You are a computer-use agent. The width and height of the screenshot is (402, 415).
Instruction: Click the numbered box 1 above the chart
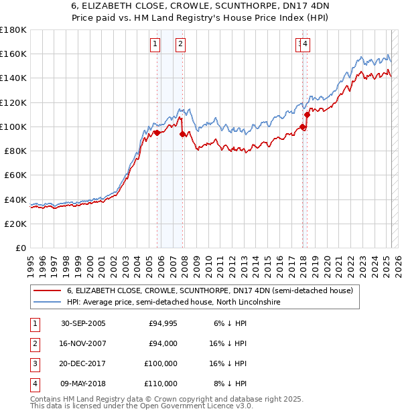click(x=155, y=45)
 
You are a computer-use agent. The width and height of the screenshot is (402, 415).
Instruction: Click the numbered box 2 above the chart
click(x=181, y=45)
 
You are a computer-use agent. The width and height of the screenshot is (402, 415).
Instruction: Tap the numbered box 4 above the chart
click(x=305, y=45)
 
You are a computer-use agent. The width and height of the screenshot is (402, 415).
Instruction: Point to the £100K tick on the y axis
click(x=13, y=127)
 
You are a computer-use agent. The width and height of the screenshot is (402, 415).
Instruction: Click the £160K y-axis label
click(x=13, y=54)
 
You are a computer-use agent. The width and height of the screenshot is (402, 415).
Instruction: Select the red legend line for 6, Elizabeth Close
click(x=47, y=290)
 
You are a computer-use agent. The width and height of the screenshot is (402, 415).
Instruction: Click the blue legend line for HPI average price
click(x=47, y=302)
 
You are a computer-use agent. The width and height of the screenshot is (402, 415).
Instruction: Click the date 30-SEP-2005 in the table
click(x=83, y=323)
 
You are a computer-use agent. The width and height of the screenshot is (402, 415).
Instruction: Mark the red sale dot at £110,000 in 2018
click(x=307, y=114)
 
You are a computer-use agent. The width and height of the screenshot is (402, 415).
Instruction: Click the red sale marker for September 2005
click(x=157, y=133)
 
